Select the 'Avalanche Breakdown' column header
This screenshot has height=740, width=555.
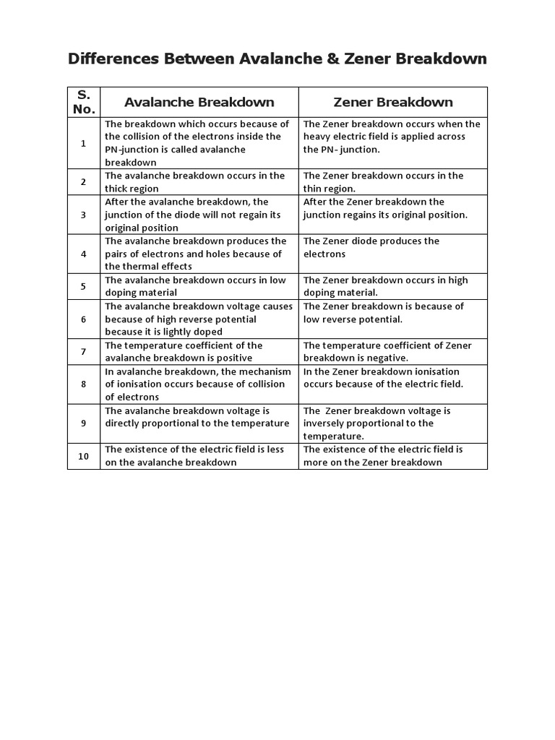click(x=199, y=102)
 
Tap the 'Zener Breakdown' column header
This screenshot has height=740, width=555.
click(x=393, y=102)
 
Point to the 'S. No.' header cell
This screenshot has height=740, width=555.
click(x=84, y=102)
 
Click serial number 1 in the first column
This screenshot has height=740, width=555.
click(x=84, y=143)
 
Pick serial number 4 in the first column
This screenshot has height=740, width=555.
click(x=84, y=254)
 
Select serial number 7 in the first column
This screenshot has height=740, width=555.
click(x=84, y=351)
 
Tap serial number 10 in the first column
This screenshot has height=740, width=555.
click(x=84, y=456)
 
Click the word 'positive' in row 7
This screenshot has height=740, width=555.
click(x=229, y=358)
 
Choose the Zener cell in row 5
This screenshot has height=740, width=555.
click(x=392, y=286)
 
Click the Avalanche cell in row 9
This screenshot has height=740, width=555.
click(x=199, y=423)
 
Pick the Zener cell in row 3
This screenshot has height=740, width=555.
click(x=392, y=215)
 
